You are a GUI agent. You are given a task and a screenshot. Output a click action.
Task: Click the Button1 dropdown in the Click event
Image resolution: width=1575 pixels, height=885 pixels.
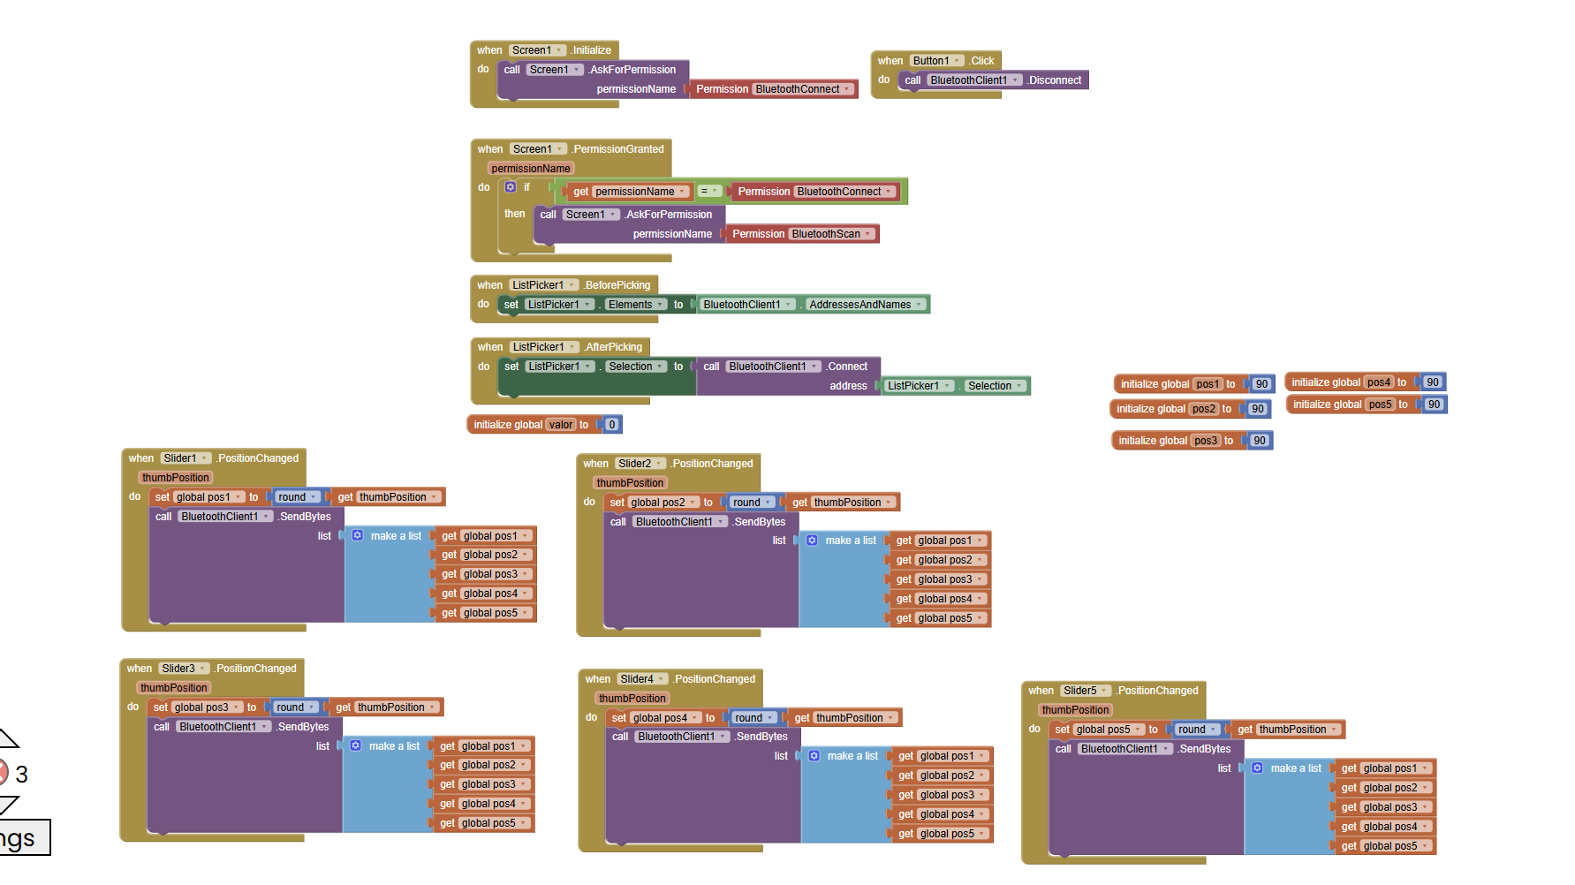point(937,61)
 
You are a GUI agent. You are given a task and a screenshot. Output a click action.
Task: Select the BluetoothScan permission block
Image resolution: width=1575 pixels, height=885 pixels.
point(802,234)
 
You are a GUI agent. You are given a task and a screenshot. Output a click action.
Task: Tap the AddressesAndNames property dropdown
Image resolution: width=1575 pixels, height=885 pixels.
point(866,305)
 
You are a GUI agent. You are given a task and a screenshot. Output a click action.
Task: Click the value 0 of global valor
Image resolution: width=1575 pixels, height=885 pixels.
point(611,425)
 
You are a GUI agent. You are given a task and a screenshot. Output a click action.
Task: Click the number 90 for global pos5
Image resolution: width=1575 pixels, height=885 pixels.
point(1434,405)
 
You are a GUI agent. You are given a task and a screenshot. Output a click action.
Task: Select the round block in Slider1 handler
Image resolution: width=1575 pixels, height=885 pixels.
point(297,497)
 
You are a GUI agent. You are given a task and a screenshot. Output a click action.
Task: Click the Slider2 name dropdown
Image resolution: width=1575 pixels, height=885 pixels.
point(640,464)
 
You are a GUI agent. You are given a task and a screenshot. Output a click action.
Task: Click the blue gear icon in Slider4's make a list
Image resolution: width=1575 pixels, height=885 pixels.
point(814,756)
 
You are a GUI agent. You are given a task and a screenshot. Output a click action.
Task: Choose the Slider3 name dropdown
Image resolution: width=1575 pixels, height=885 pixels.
point(185,669)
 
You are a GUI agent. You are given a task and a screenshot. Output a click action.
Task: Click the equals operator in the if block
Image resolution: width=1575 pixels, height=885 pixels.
point(709,192)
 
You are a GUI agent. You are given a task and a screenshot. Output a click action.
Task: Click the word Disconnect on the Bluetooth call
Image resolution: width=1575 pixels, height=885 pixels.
point(1055,80)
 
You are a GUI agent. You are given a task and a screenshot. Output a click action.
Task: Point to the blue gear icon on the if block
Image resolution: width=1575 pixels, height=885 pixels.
point(511,187)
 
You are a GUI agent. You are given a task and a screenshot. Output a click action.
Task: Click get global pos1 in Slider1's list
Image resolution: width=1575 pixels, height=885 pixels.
point(485,536)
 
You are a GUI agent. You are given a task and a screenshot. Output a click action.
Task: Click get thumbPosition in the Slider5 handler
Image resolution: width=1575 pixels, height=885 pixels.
point(1288,730)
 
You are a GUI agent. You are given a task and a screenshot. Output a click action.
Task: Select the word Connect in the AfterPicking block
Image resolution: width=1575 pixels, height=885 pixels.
point(848,367)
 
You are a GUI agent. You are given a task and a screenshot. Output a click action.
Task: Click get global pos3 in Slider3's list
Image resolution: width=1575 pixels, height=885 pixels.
point(483,784)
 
